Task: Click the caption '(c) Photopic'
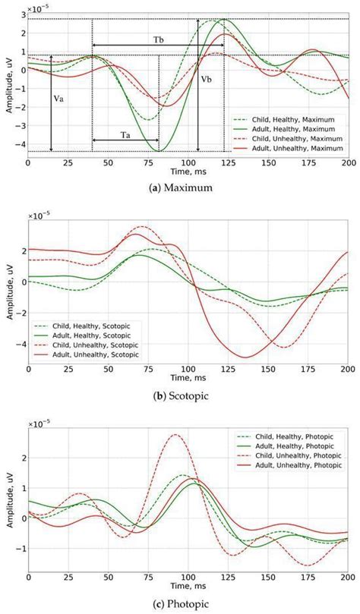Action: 180,604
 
